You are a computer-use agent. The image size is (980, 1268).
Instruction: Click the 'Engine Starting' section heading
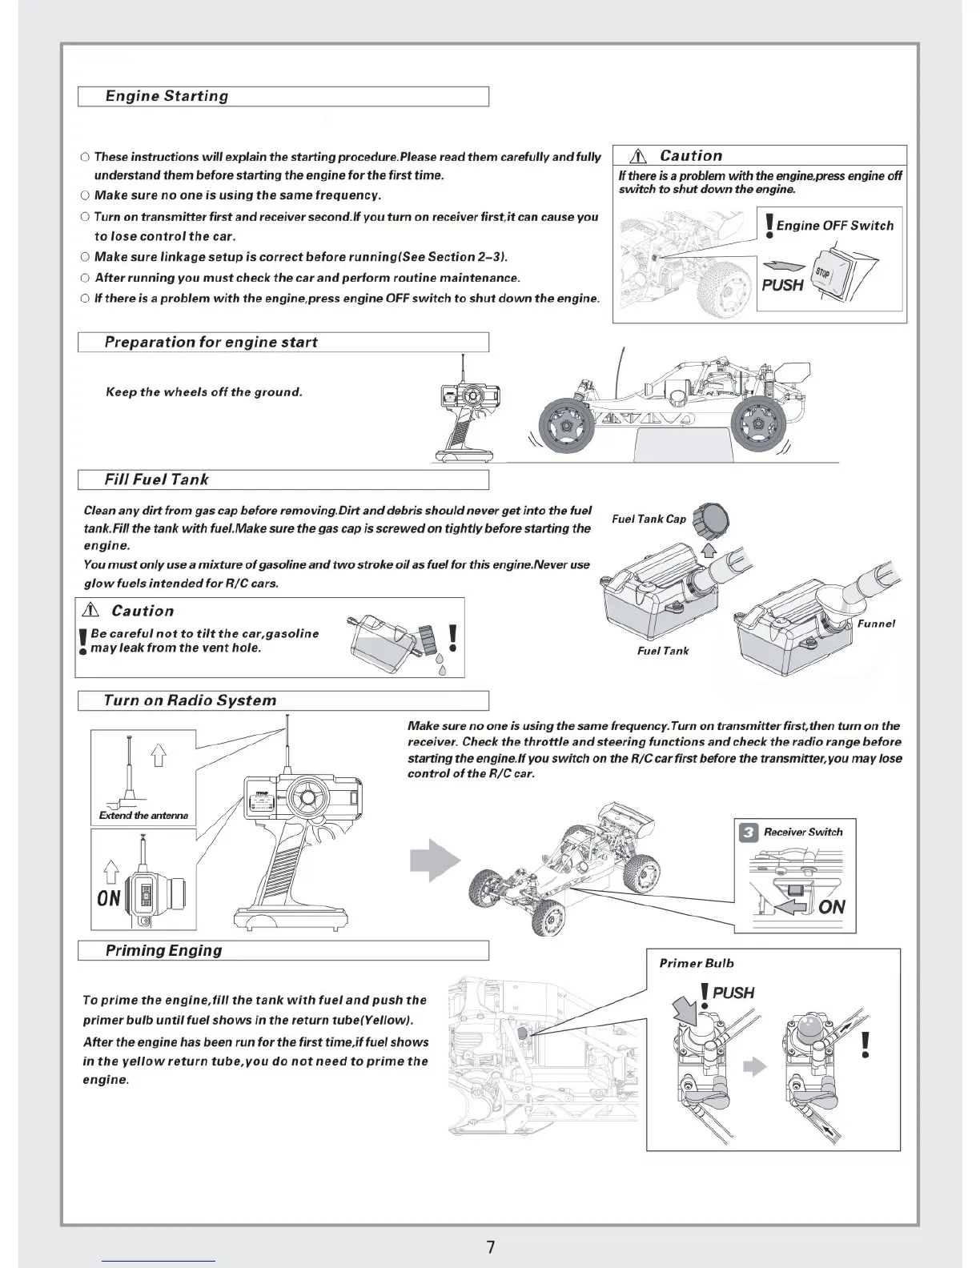coord(167,96)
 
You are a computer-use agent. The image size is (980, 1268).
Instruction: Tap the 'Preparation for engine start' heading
coord(211,343)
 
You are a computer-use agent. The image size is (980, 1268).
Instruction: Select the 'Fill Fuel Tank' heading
coord(156,480)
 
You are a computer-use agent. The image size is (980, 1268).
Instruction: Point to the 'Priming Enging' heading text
coord(163,950)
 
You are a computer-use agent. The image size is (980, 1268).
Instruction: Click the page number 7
coord(490,1247)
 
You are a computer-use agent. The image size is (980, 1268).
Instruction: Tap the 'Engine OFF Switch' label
coord(834,226)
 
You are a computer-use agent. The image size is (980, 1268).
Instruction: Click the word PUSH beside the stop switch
coord(782,284)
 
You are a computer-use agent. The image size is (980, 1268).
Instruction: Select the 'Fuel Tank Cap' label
coord(649,519)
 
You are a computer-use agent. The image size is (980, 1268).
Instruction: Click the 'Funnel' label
coord(876,624)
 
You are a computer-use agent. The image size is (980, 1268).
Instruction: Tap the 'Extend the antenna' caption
coord(143,816)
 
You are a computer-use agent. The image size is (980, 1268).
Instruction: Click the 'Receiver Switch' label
coord(803,832)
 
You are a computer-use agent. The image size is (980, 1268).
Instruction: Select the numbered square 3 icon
coord(748,833)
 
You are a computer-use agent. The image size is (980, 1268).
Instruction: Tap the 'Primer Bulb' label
coord(696,963)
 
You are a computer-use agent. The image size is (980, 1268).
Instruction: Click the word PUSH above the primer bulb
coord(733,993)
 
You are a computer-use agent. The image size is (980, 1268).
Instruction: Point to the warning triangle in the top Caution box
coord(638,157)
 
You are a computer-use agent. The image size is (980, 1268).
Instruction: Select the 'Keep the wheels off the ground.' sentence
coord(204,392)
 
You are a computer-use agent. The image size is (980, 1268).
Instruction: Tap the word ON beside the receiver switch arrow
coord(832,906)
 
